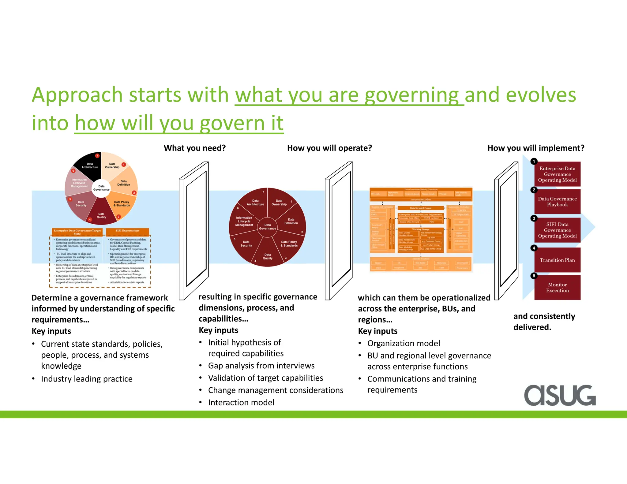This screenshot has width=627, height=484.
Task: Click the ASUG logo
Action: [560, 395]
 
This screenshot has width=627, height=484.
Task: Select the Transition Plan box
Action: [557, 260]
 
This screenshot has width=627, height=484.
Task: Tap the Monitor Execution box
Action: [557, 288]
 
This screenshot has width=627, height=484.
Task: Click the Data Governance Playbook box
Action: [557, 202]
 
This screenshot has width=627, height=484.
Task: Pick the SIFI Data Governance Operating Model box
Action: [557, 230]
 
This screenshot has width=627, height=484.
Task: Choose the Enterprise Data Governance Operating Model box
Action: [557, 174]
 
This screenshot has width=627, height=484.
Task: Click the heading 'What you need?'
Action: [195, 148]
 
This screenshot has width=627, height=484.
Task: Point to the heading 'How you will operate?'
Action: [329, 148]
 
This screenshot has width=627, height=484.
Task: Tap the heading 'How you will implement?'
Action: [536, 148]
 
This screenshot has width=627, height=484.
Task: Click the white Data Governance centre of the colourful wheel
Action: [101, 188]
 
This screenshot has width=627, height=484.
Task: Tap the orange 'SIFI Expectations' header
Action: [127, 231]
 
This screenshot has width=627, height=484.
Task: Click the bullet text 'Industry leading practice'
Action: [87, 379]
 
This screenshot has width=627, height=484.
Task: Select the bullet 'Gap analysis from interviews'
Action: [261, 366]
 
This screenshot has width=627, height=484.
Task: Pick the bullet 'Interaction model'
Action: [241, 402]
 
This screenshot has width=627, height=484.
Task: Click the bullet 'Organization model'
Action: [404, 343]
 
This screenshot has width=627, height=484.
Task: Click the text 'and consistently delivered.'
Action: [544, 322]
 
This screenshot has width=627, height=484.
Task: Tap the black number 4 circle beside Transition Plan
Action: [534, 248]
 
